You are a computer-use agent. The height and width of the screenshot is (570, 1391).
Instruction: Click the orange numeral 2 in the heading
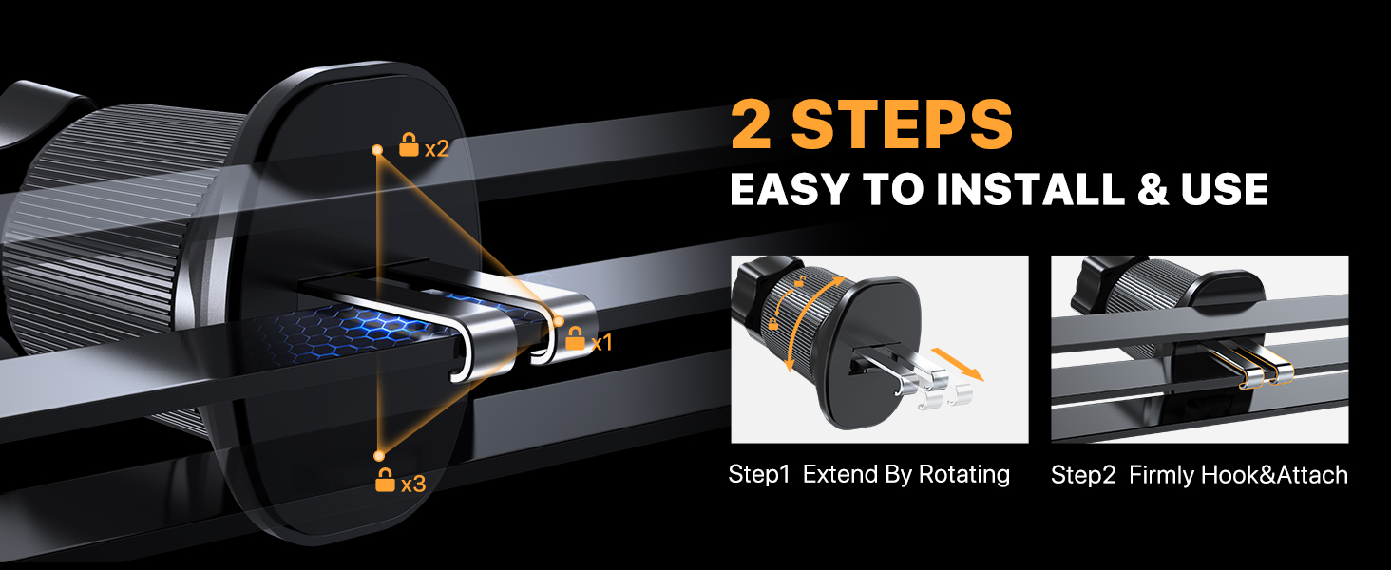751,125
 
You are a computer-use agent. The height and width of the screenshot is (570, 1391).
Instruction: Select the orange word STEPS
903,125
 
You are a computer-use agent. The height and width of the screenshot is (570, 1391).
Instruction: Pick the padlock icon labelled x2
409,146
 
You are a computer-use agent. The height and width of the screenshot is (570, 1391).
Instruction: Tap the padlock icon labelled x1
575,338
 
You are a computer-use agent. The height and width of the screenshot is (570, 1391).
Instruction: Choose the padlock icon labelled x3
385,480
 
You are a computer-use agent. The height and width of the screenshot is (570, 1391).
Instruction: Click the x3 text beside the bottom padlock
413,484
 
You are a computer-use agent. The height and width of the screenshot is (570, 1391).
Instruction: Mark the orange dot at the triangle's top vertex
377,150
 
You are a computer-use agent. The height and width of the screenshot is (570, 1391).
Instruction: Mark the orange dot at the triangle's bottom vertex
378,455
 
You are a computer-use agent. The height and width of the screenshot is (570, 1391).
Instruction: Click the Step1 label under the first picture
759,474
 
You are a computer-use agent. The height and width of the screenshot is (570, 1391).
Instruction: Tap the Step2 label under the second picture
1083,474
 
